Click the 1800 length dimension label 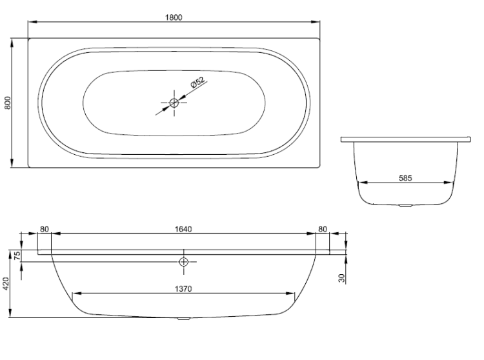[174, 17]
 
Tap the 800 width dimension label [8, 103]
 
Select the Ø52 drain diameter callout [197, 83]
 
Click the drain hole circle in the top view [174, 103]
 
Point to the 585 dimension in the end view [405, 178]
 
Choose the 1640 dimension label [183, 229]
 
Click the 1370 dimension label [183, 289]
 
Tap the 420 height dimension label [6, 283]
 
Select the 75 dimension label [17, 255]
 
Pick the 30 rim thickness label [341, 278]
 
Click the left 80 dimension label [45, 229]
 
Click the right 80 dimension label [323, 229]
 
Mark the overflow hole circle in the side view [184, 262]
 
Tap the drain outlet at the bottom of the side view [184, 319]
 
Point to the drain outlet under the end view [405, 205]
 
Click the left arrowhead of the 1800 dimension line [33, 22]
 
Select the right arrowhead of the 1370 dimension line [290, 294]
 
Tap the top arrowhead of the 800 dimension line [12, 43]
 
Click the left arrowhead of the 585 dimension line [363, 183]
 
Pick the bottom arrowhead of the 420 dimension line [10, 313]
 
